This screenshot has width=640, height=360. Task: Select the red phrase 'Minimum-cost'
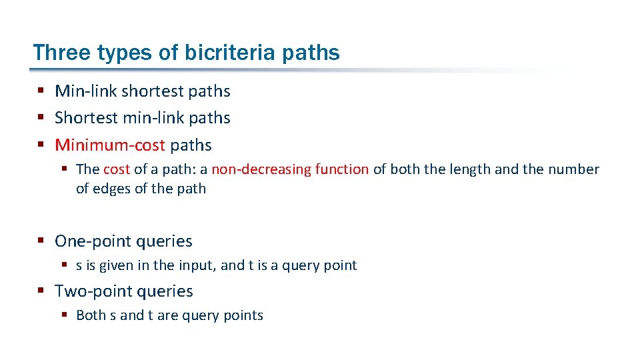tap(110, 145)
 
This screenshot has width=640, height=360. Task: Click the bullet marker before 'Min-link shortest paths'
tap(41, 91)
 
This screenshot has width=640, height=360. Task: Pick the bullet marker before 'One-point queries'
tap(41, 241)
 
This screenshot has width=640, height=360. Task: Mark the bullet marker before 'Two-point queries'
tap(41, 291)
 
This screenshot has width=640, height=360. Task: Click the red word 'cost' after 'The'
tap(117, 169)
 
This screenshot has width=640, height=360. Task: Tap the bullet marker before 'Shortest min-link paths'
tap(41, 117)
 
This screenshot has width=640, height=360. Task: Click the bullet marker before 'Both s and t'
tap(65, 315)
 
